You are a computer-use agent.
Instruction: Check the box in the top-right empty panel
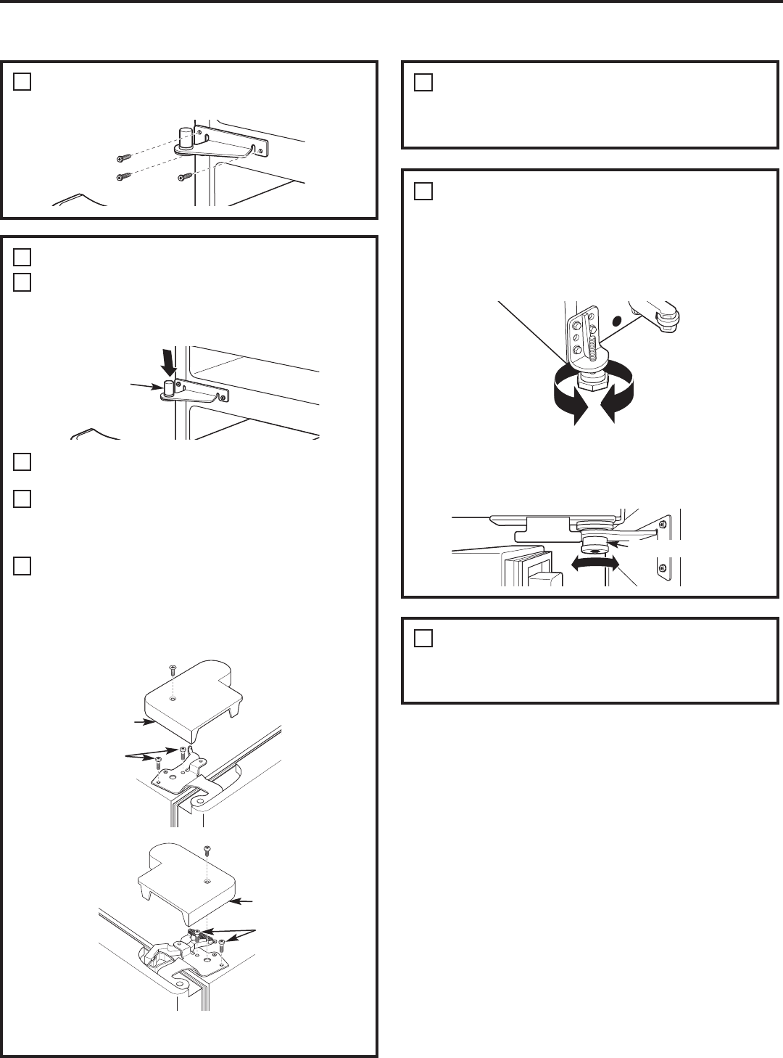click(x=423, y=83)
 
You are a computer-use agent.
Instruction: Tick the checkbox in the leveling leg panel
click(x=423, y=192)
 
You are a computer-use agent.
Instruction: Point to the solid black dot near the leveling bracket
click(x=617, y=319)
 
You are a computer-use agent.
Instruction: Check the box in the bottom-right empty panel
click(x=423, y=639)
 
